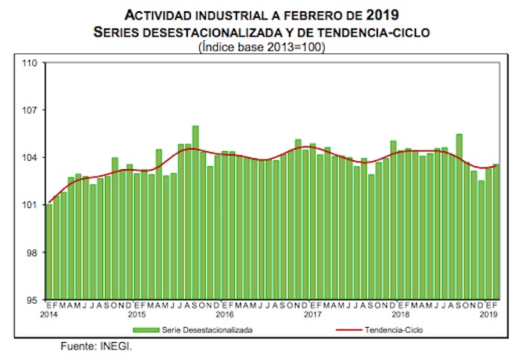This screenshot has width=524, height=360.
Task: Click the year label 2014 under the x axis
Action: [x=49, y=315]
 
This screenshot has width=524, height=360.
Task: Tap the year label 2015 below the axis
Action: [x=138, y=315]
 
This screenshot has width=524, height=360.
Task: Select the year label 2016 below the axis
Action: [x=225, y=315]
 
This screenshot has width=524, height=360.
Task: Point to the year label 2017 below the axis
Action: [x=313, y=315]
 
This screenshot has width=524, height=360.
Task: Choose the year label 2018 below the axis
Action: [x=400, y=315]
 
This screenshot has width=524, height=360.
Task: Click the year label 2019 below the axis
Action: [x=488, y=315]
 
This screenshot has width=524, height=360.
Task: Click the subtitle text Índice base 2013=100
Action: [x=262, y=47]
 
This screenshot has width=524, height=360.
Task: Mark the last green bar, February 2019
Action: [x=496, y=232]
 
